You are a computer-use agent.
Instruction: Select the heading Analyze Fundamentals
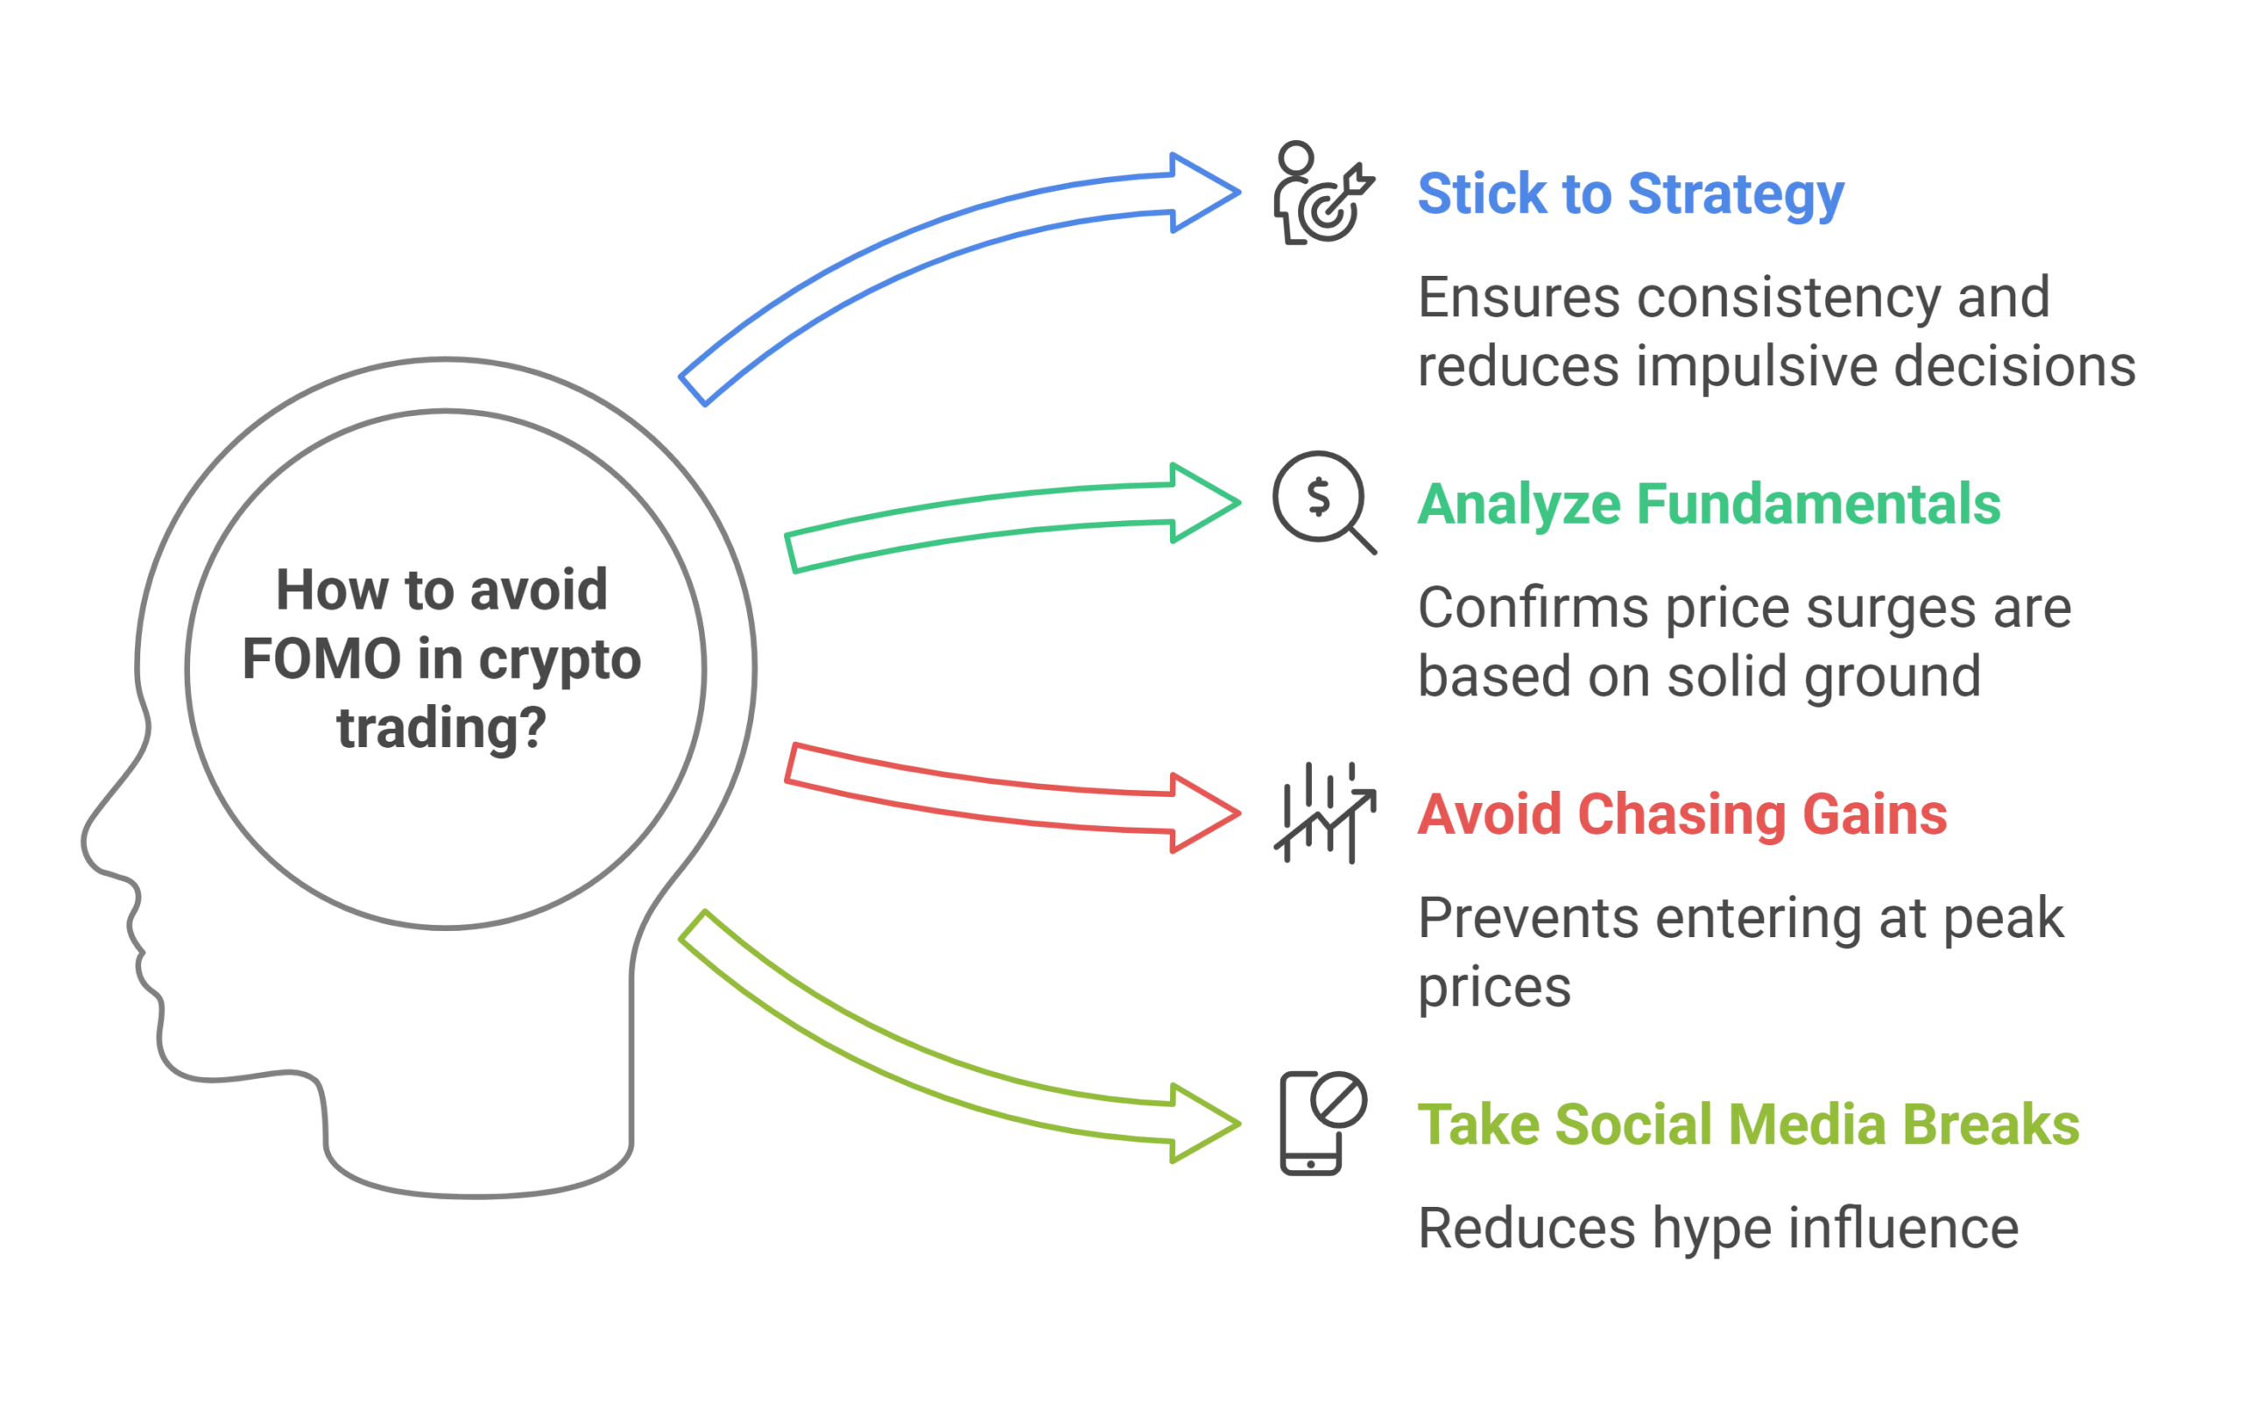(1708, 505)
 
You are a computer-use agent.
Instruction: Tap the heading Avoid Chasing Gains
(1681, 815)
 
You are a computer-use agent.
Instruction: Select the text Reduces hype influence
(1717, 1230)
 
